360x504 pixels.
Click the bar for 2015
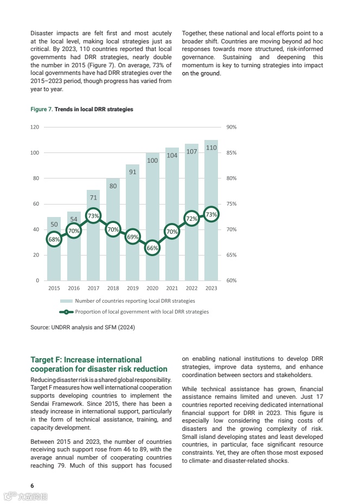coord(54,260)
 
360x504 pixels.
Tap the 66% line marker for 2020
coord(152,248)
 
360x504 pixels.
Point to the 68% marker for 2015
coord(54,239)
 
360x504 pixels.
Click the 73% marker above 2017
coord(93,216)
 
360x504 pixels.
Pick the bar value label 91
coord(133,172)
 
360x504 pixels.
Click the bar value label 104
coord(172,155)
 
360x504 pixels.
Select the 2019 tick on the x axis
coord(133,288)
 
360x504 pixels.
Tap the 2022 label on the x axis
coord(191,288)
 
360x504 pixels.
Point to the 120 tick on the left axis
coord(35,127)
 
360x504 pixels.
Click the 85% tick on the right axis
coord(231,152)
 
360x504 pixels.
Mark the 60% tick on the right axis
coord(231,280)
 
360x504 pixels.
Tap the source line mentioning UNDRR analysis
coord(82,328)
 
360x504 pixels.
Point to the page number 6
coord(32,485)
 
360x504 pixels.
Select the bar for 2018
coord(113,255)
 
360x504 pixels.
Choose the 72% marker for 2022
coord(191,219)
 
